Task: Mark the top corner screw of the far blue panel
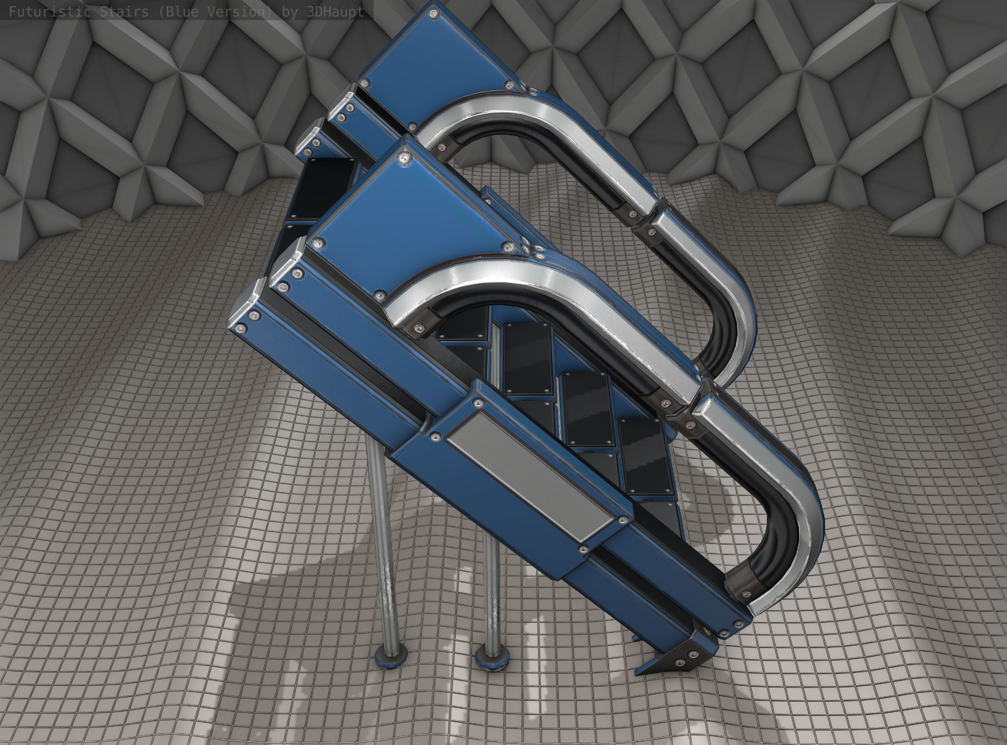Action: (433, 13)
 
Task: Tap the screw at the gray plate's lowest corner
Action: (583, 549)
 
